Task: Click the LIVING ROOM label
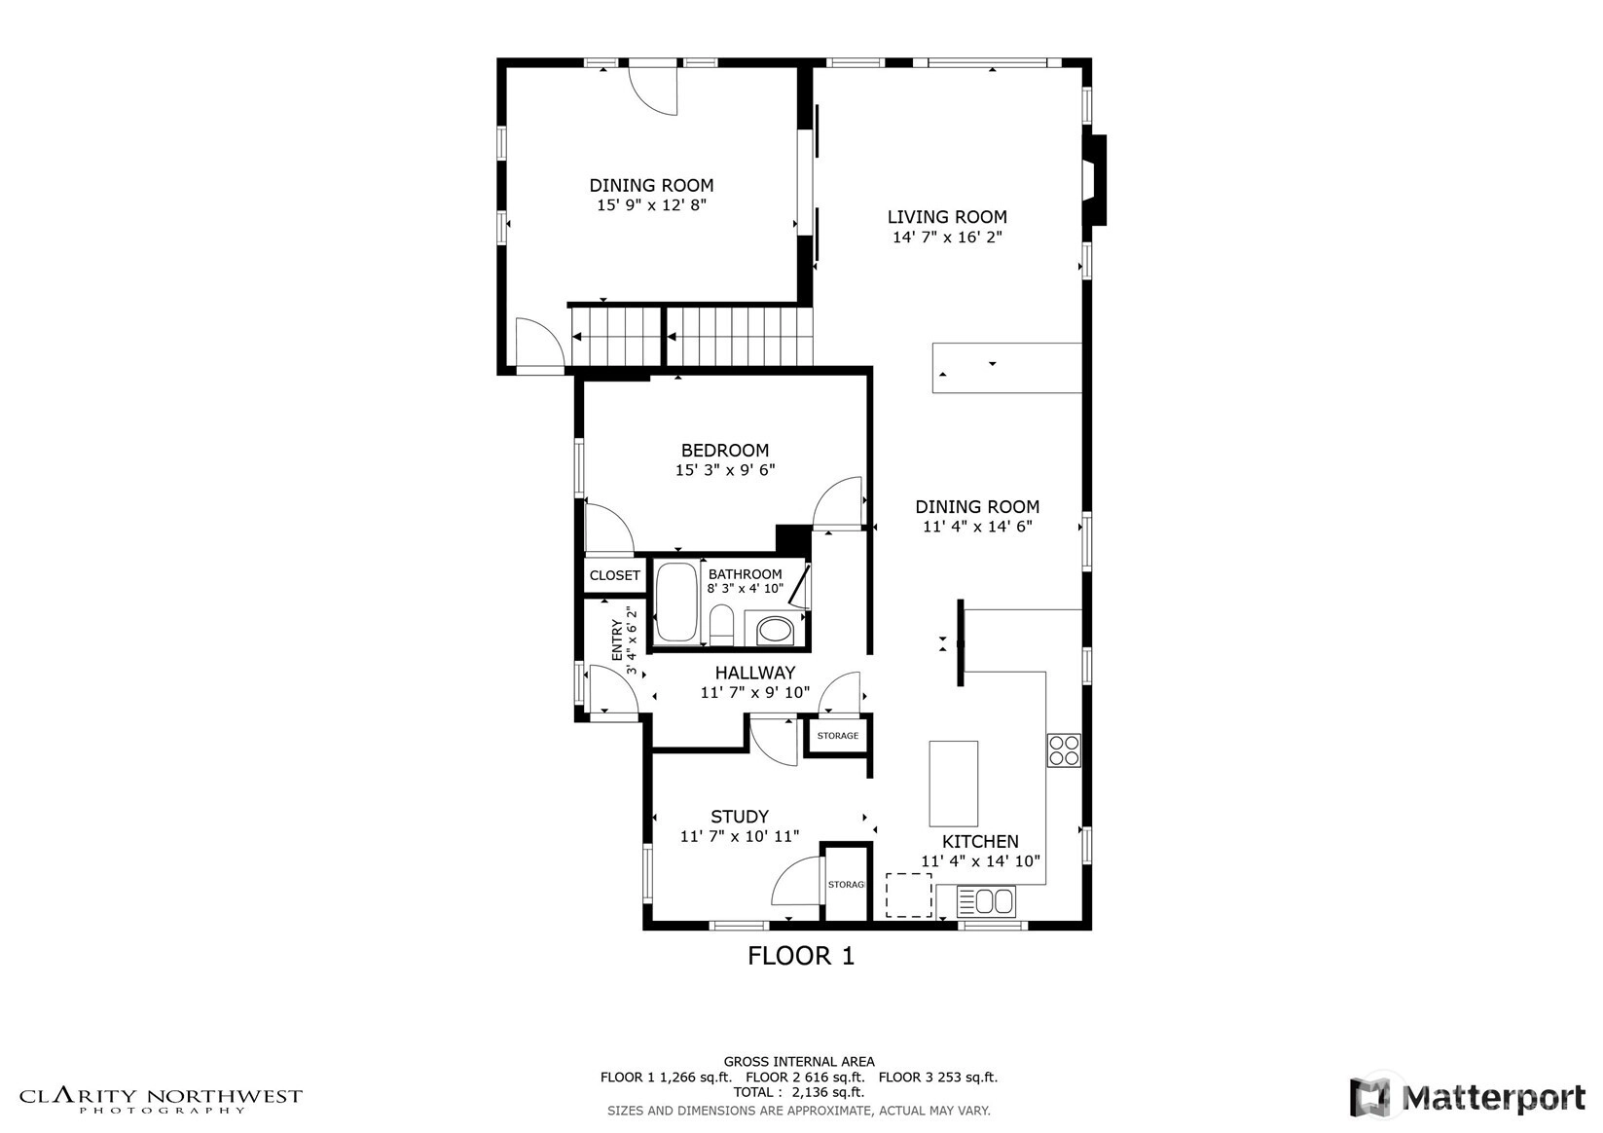pyautogui.click(x=947, y=217)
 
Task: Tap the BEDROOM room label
pyautogui.click(x=725, y=451)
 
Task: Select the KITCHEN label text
pyautogui.click(x=980, y=842)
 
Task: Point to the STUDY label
pyautogui.click(x=740, y=817)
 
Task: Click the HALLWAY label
pyautogui.click(x=755, y=673)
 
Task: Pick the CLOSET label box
pyautogui.click(x=615, y=575)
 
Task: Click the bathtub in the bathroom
pyautogui.click(x=677, y=602)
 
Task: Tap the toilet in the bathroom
pyautogui.click(x=721, y=625)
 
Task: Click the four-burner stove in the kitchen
pyautogui.click(x=1064, y=750)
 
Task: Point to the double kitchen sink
pyautogui.click(x=985, y=901)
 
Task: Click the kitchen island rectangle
pyautogui.click(x=953, y=784)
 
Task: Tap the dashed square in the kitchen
pyautogui.click(x=909, y=895)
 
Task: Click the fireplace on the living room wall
pyautogui.click(x=1096, y=180)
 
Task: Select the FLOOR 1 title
pyautogui.click(x=801, y=956)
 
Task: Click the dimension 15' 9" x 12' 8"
pyautogui.click(x=652, y=205)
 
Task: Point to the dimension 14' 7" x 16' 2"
pyautogui.click(x=947, y=237)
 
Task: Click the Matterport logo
pyautogui.click(x=1467, y=1097)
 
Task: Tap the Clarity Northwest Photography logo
pyautogui.click(x=161, y=1100)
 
